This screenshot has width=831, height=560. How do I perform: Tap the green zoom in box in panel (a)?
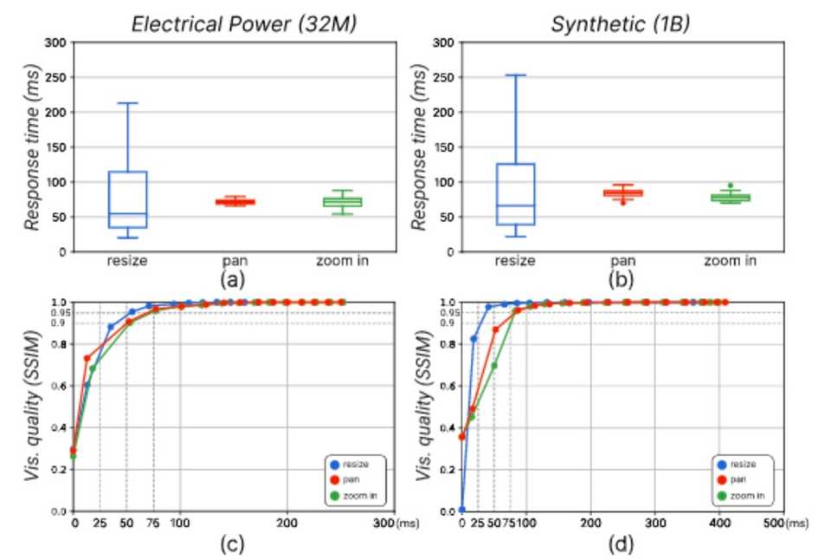342,202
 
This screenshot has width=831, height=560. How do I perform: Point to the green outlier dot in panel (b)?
730,186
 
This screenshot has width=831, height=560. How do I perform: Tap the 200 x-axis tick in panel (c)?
287,524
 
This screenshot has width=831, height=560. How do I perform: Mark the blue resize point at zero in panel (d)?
462,511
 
